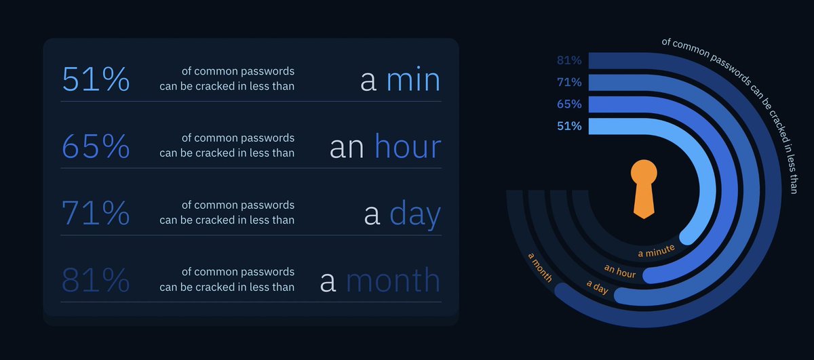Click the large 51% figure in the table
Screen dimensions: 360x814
point(96,80)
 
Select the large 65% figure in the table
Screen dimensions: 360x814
point(96,147)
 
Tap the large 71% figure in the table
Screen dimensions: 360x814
point(96,214)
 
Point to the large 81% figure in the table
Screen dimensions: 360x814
point(96,281)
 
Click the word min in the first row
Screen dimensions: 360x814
point(413,81)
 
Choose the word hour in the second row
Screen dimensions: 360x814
point(407,147)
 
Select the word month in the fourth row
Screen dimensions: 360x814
point(393,281)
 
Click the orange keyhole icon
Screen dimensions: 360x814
point(644,189)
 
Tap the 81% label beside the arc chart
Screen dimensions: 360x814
point(569,60)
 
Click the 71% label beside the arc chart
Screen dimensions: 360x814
point(569,82)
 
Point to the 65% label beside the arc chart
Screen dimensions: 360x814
point(569,104)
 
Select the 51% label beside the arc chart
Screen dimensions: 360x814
point(569,125)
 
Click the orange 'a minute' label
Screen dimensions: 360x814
point(656,252)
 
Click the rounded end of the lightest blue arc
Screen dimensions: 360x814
point(687,237)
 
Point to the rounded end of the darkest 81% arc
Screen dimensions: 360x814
point(562,290)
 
